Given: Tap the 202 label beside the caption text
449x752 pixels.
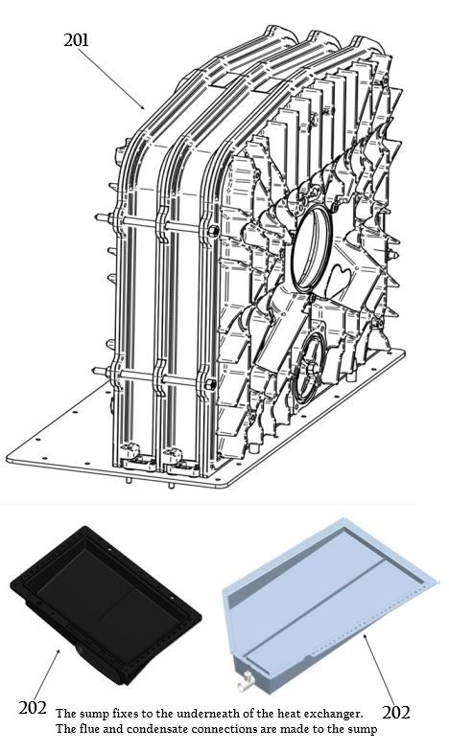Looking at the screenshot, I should click(x=35, y=709).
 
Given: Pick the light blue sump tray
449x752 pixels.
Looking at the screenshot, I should click(x=326, y=599).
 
